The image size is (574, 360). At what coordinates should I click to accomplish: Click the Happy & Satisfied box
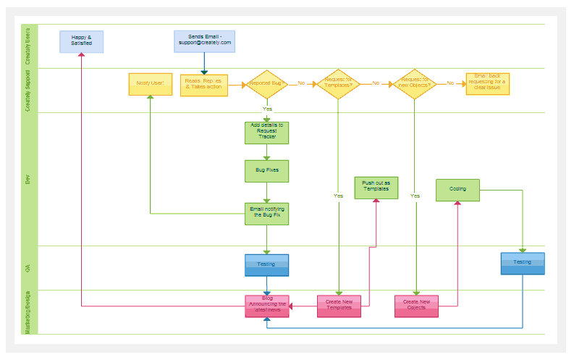click(x=81, y=41)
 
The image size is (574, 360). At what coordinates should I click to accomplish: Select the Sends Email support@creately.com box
click(x=205, y=41)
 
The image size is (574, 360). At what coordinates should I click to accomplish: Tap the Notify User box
click(x=150, y=84)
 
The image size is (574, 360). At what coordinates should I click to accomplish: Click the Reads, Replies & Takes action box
click(x=203, y=85)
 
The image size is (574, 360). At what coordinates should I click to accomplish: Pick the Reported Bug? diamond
click(x=267, y=84)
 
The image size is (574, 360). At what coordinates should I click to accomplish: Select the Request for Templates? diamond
click(x=338, y=84)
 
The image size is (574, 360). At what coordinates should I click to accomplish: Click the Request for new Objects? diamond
click(x=415, y=84)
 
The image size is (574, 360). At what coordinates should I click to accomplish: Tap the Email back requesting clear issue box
click(x=487, y=83)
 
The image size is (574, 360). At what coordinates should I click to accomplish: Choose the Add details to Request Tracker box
click(x=266, y=132)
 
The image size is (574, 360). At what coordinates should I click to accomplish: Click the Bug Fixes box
click(x=266, y=171)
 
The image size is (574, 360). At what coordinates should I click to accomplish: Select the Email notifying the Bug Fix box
click(x=266, y=213)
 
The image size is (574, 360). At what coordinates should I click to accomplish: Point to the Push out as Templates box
click(x=376, y=188)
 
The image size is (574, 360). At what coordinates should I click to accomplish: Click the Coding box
click(x=457, y=190)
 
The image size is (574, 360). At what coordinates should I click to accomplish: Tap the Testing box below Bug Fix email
click(x=266, y=264)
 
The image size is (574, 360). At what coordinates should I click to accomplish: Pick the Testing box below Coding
click(x=522, y=263)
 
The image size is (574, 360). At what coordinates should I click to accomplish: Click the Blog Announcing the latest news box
click(x=266, y=306)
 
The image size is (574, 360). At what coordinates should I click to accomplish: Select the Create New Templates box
click(x=339, y=306)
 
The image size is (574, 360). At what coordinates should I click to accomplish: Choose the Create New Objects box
click(x=416, y=306)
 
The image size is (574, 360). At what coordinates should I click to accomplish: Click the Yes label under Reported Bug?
click(x=267, y=109)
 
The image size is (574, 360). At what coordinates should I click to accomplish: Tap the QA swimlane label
click(x=28, y=267)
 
